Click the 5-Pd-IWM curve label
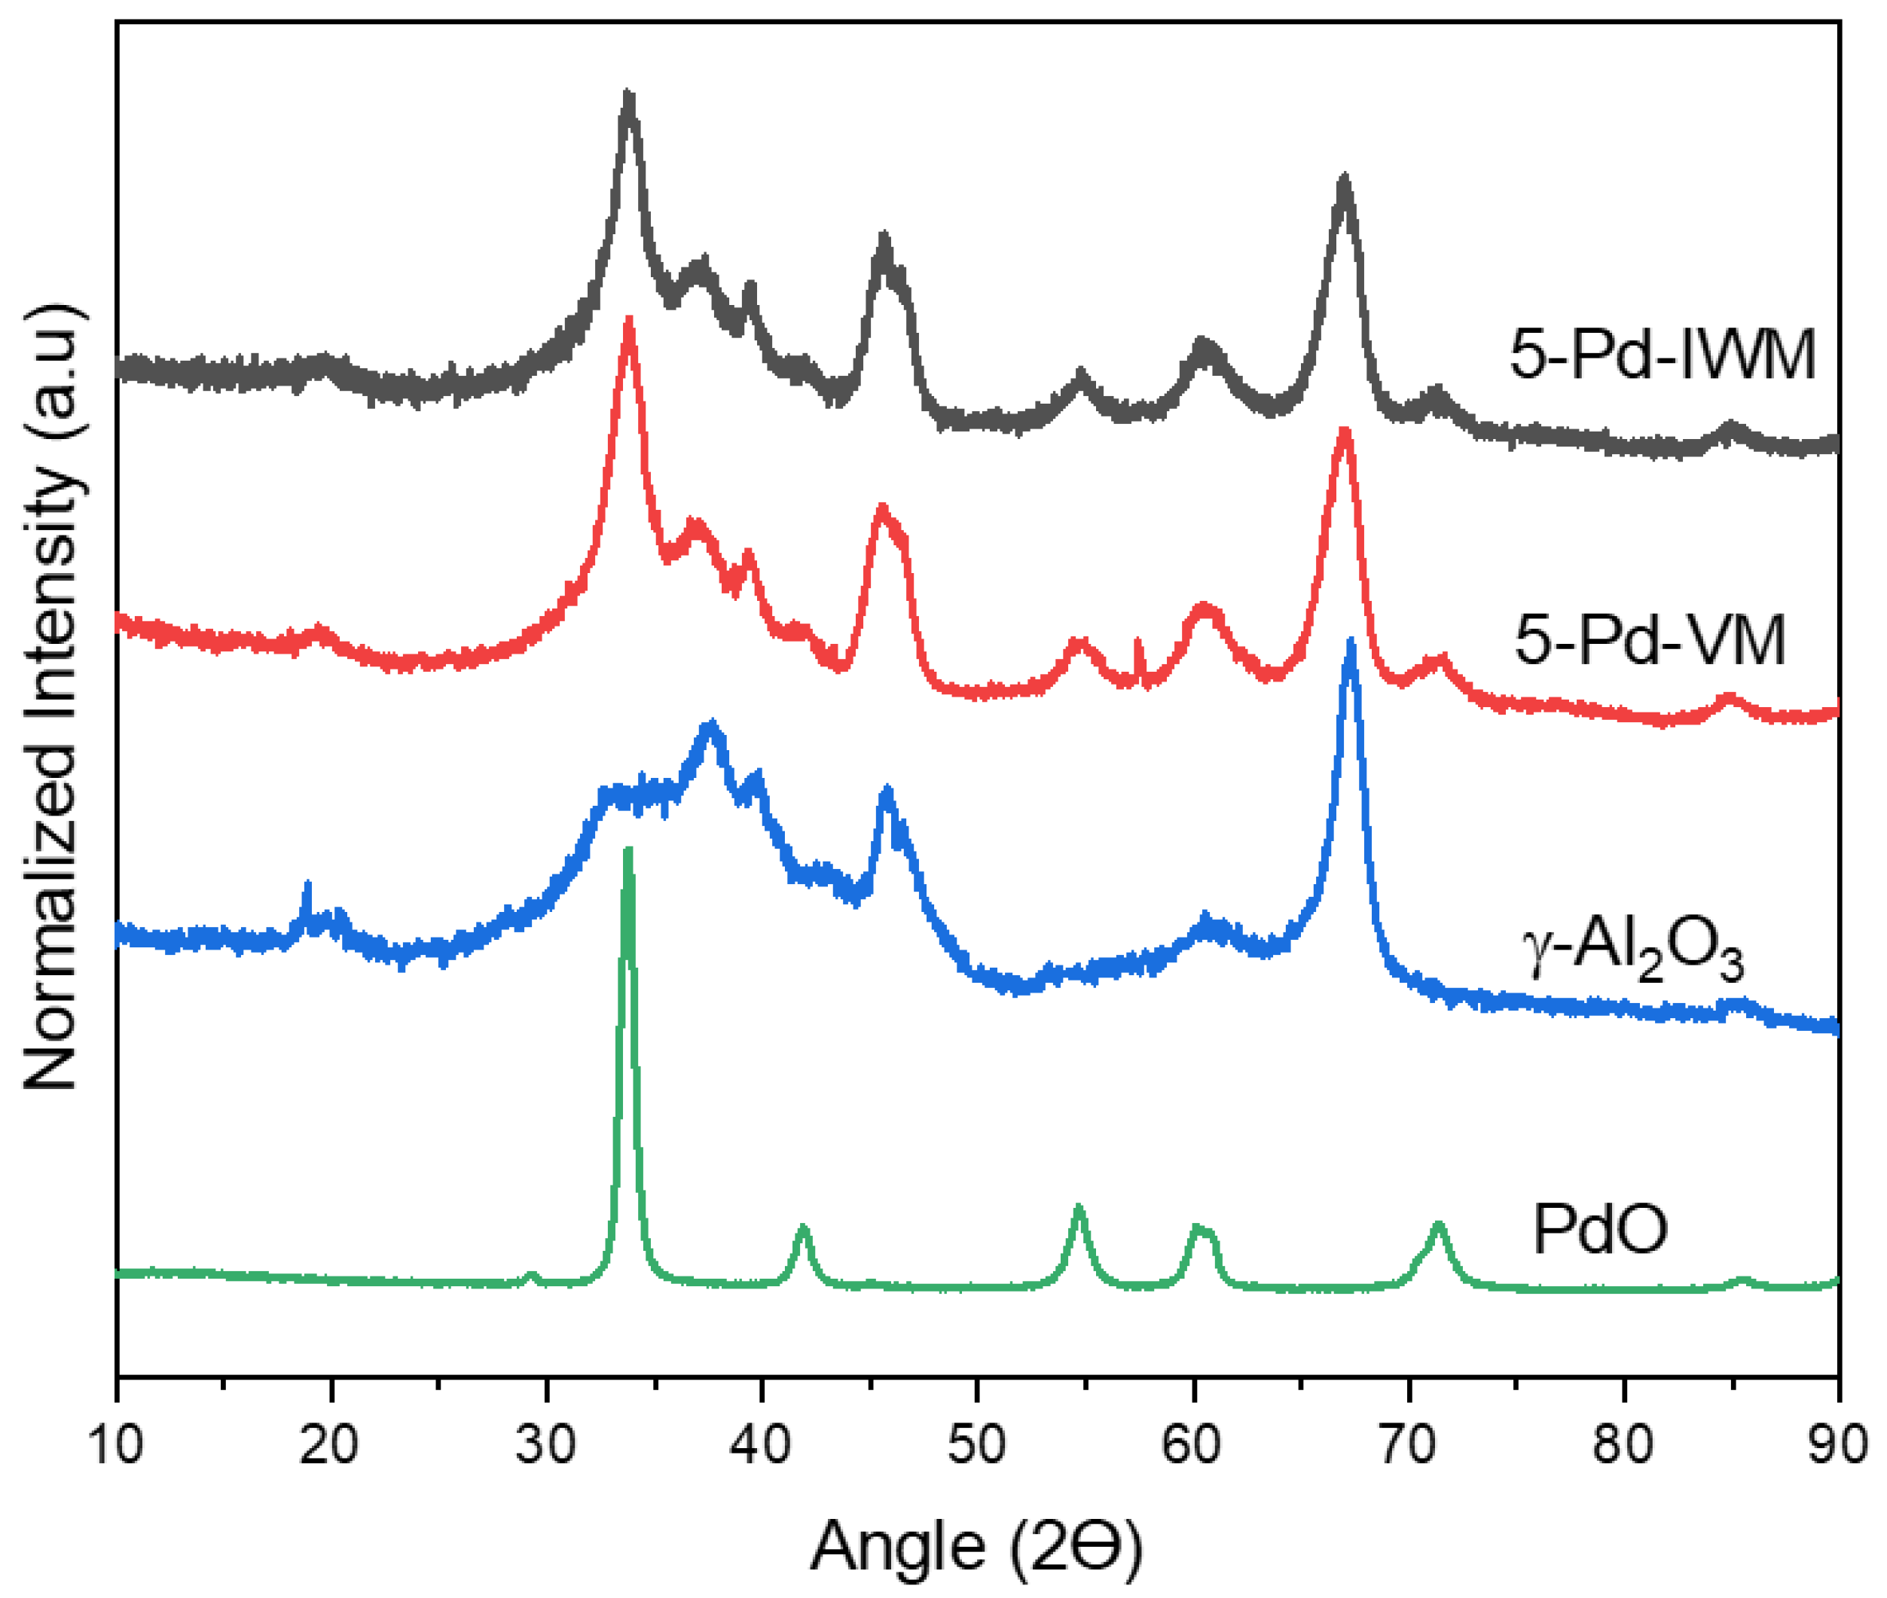(x=1661, y=354)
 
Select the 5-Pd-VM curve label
(x=1650, y=640)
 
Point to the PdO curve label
(x=1600, y=1229)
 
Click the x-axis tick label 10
(x=116, y=1443)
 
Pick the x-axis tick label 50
(x=977, y=1443)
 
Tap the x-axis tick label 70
(x=1408, y=1443)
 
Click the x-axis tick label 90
(x=1837, y=1443)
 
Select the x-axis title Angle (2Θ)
(x=977, y=1545)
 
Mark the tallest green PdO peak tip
(x=627, y=849)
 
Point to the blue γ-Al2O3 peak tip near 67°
(x=1351, y=642)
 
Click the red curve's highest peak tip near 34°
(x=628, y=321)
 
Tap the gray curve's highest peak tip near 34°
(x=628, y=94)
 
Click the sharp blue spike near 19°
(x=307, y=883)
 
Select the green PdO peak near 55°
(x=1078, y=1209)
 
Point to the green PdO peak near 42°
(x=802, y=1227)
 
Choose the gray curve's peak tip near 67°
(x=1344, y=178)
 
